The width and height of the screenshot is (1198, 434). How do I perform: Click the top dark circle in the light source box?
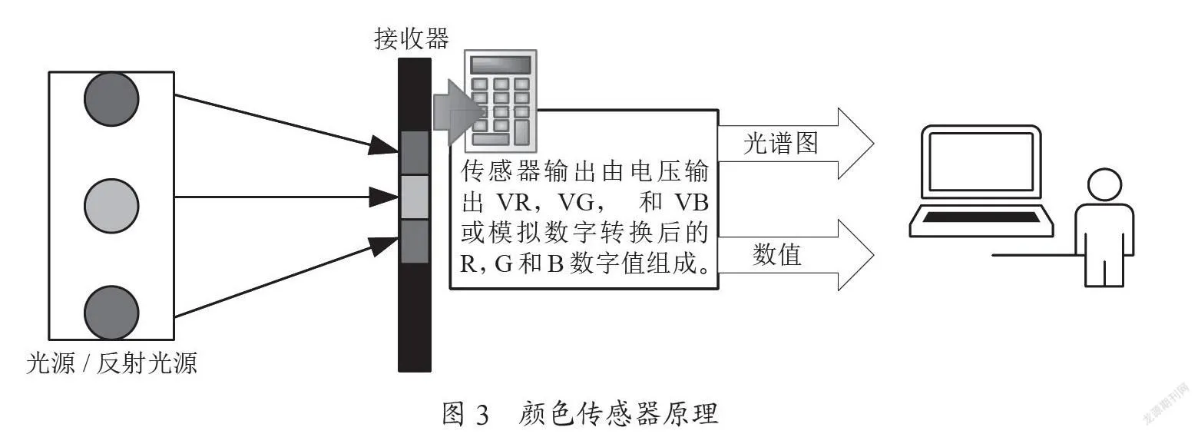pos(111,99)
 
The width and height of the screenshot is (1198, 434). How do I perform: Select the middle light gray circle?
pos(111,206)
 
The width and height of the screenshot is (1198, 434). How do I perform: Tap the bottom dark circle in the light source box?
pos(111,313)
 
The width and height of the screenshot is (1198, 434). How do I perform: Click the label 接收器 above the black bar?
pos(412,39)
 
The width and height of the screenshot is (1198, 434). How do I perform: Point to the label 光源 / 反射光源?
pos(112,363)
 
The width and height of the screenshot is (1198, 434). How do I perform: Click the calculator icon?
pos(500,101)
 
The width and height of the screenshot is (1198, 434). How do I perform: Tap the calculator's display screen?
pos(500,65)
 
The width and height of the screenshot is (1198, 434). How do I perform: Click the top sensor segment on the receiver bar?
pos(415,153)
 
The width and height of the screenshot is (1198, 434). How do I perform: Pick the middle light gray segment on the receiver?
pos(415,197)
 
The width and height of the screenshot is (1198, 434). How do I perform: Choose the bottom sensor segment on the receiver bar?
pos(415,241)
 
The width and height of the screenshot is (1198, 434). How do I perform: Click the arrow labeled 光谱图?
pos(796,144)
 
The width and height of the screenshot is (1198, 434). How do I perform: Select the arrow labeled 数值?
pos(796,255)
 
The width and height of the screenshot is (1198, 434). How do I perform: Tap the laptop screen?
pos(981,161)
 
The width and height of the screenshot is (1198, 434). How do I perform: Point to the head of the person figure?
pos(1104,185)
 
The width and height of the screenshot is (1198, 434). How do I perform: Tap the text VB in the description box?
pos(691,202)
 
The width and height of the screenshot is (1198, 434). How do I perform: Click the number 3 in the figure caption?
pos(482,415)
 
